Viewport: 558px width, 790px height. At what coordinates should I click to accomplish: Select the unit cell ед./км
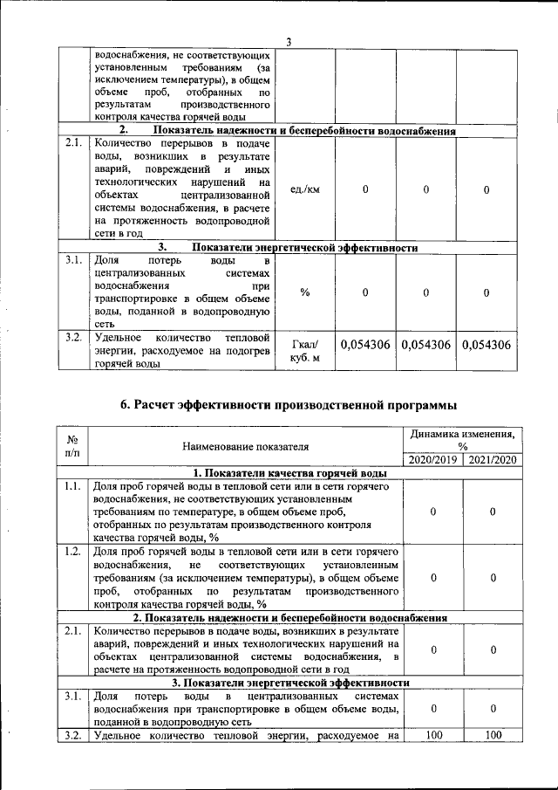tap(304, 190)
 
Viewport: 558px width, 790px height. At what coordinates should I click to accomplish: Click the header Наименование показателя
tap(246, 447)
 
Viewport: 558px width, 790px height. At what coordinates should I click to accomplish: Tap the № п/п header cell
tap(73, 447)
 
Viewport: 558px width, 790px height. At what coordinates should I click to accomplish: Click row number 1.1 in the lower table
tap(73, 487)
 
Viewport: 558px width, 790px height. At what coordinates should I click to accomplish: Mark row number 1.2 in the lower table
tap(73, 552)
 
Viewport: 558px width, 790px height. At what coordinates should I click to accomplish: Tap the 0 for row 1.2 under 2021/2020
tap(493, 577)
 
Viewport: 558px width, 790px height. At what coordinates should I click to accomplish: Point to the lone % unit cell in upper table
tap(304, 292)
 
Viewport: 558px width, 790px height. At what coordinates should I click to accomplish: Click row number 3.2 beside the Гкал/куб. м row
tap(73, 336)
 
